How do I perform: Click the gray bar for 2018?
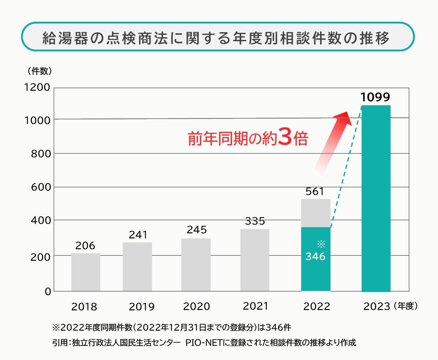coord(86,272)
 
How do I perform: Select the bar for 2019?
coord(137,267)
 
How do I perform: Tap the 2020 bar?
coord(196,264)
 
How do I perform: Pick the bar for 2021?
coord(255,260)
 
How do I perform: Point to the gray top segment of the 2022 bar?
coord(316,213)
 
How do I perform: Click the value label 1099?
coord(375,97)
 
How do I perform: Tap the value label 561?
coord(315,191)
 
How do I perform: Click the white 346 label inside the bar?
coord(315,257)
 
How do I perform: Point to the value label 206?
coord(85,246)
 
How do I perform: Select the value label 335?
coord(255,221)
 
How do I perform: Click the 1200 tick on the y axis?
coord(37,88)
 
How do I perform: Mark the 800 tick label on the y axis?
coord(40,154)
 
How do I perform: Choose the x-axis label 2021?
coord(255,306)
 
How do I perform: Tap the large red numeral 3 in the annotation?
coord(285,138)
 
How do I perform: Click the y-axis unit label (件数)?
coord(40,71)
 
